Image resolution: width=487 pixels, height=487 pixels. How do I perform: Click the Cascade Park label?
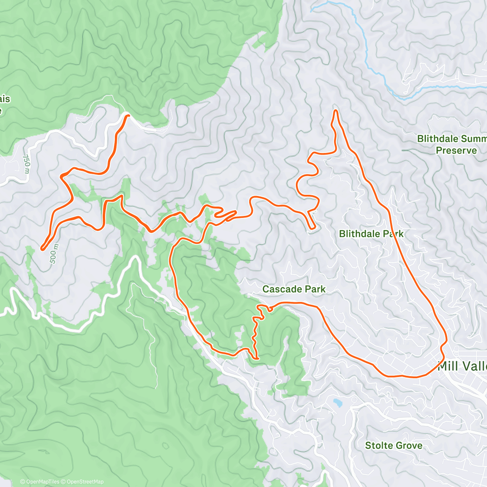(x=294, y=289)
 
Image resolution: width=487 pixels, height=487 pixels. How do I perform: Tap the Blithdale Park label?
(x=371, y=234)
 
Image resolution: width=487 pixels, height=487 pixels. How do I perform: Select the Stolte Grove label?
(x=393, y=446)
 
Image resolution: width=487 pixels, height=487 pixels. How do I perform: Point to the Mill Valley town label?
(x=463, y=366)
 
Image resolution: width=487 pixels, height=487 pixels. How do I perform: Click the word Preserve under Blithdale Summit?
(x=456, y=151)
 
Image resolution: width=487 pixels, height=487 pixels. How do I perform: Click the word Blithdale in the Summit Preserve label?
(x=437, y=139)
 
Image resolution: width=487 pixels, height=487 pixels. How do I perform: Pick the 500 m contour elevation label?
(x=54, y=254)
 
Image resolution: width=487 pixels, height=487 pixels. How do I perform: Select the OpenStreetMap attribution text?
(x=85, y=482)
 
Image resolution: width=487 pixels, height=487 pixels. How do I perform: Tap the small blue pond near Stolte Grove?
(x=336, y=403)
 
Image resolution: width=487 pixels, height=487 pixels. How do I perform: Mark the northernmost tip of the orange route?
(x=335, y=110)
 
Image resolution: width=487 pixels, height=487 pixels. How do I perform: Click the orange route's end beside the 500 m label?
(x=42, y=249)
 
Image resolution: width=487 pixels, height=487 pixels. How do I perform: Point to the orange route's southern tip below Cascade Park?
(x=257, y=358)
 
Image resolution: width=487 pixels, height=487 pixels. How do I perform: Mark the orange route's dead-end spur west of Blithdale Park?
(x=312, y=228)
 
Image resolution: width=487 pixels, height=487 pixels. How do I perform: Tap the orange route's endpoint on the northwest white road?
(x=128, y=116)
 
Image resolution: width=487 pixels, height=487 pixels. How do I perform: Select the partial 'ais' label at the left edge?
(x=5, y=99)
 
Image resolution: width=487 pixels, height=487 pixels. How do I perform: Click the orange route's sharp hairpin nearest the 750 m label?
(x=62, y=176)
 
